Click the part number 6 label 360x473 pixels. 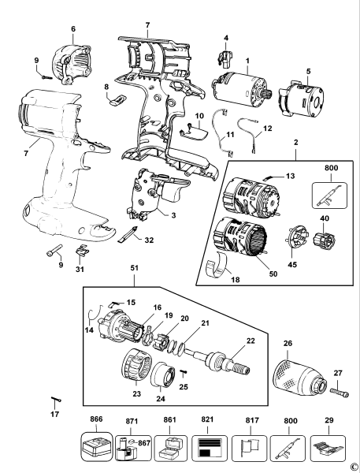pos(73,29)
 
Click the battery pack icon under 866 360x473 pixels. pos(97,449)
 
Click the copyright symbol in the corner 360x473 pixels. pos(354,466)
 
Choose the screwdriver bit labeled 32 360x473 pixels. pos(131,235)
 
